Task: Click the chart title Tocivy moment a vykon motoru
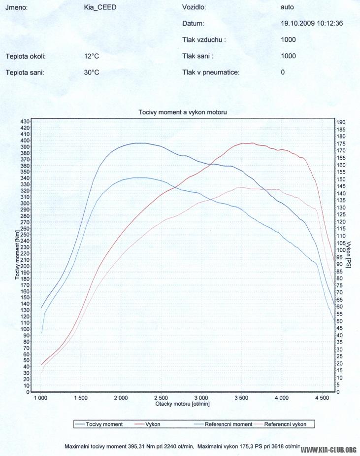click(x=182, y=112)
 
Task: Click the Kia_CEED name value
click(x=100, y=8)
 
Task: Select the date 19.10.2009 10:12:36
click(x=312, y=23)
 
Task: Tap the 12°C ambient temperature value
click(x=92, y=56)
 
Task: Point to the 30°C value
click(x=92, y=72)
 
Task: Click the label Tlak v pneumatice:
click(x=211, y=72)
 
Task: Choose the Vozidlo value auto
click(x=288, y=8)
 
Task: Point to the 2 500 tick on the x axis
click(x=161, y=397)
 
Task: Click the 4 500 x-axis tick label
click(x=322, y=397)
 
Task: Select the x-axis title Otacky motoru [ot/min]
click(x=182, y=404)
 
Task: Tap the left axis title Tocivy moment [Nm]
click(x=17, y=255)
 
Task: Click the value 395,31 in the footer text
click(x=130, y=446)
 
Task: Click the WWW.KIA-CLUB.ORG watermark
click(x=328, y=450)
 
